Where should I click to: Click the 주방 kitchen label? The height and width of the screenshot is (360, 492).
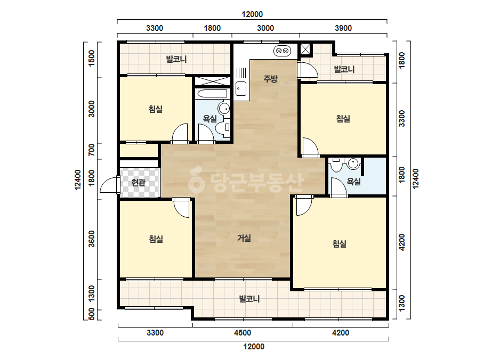coord(270,78)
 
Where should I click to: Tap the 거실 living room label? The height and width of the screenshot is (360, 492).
coord(244,238)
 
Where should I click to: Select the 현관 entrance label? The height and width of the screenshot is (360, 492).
coord(139,182)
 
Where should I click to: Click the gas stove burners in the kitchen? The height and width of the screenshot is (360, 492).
coord(282,51)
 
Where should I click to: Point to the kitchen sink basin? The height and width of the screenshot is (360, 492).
coord(241,88)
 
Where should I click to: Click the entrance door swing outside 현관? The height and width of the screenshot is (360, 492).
coord(109,185)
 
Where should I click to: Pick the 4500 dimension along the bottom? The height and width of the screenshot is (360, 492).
coord(243,333)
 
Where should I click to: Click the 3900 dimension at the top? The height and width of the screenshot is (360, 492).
coord(343,28)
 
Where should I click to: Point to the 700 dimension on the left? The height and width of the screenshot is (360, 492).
coord(91,150)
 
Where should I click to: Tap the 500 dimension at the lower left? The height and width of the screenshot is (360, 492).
coord(91,314)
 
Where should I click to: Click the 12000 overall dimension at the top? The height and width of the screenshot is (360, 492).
coord(252,14)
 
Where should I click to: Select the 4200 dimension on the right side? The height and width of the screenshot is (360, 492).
coord(401,242)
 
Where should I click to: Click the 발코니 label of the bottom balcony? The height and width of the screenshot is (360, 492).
coord(249,299)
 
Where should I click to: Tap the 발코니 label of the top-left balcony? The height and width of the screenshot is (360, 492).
coord(176,59)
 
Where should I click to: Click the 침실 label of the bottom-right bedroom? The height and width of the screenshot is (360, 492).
coord(340,244)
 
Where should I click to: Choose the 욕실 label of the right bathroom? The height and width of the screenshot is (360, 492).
coord(353,181)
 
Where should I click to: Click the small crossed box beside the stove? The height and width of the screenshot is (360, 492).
coord(305,50)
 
